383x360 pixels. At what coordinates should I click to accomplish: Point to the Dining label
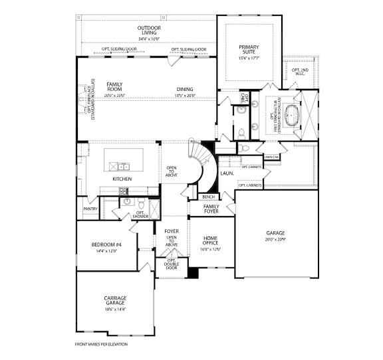[185, 89]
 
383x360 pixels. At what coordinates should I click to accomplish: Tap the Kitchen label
[121, 179]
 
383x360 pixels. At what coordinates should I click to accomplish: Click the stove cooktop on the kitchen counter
[123, 191]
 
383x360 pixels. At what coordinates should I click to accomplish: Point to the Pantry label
[90, 209]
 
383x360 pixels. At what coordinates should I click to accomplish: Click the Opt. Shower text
[140, 214]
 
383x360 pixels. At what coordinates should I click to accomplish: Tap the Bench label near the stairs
[207, 197]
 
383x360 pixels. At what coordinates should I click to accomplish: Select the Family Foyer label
[211, 210]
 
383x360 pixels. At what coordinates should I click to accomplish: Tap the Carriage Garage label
[115, 301]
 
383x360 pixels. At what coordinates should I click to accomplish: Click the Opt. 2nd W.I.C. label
[300, 71]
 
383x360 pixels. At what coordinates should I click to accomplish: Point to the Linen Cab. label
[271, 157]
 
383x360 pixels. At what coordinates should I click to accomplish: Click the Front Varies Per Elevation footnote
[101, 344]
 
